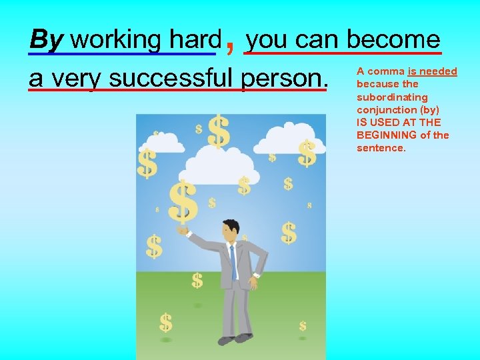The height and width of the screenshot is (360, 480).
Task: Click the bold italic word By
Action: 46,40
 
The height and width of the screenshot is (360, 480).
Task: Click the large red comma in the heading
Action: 230,44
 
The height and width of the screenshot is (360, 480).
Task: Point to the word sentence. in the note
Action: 381,148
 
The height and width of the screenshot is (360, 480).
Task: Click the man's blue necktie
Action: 233,260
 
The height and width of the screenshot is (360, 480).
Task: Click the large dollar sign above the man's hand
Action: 183,201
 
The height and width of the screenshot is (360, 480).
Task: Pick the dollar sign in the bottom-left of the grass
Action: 165,323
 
